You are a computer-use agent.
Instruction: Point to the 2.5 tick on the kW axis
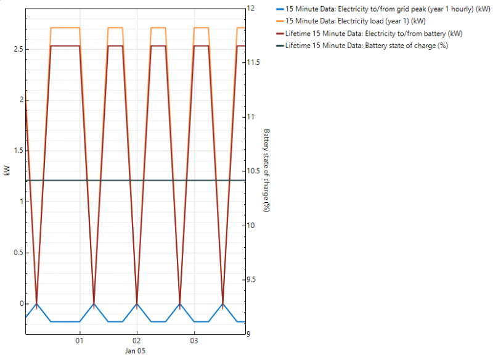[x=15, y=49]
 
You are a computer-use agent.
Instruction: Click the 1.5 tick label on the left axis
[x=15, y=151]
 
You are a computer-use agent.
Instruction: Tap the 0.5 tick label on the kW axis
[x=15, y=253]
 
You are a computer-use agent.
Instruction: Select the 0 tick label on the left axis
[x=18, y=304]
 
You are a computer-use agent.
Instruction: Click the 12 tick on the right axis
[x=251, y=9]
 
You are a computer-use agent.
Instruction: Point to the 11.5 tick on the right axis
[x=253, y=63]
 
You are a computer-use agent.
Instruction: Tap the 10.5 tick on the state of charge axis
[x=253, y=171]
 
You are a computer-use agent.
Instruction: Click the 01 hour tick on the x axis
[x=79, y=341]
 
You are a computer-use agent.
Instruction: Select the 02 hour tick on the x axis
[x=137, y=341]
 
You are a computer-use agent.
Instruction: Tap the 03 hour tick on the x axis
[x=194, y=341]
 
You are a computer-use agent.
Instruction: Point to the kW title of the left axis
[x=6, y=171]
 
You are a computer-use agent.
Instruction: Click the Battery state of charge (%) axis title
[x=266, y=171]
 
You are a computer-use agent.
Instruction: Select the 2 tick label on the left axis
[x=18, y=100]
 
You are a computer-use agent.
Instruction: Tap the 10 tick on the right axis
[x=251, y=226]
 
